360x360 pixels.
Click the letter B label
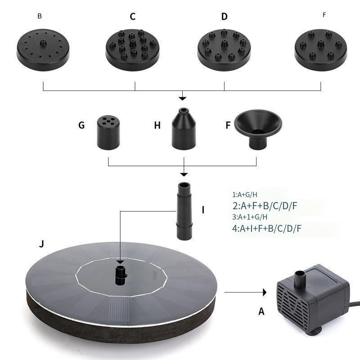click(x=40, y=16)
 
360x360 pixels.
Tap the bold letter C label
click(x=133, y=17)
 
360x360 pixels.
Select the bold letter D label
click(x=224, y=17)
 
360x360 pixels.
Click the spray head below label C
click(x=132, y=50)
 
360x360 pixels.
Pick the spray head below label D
click(x=224, y=50)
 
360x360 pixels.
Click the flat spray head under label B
click(x=43, y=50)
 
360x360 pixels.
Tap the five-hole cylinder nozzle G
click(x=108, y=132)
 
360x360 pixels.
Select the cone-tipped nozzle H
click(x=184, y=129)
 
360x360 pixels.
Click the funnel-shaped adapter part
click(x=258, y=129)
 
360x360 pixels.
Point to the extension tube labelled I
click(x=184, y=211)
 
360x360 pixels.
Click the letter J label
click(x=41, y=244)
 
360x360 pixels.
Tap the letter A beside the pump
click(x=261, y=311)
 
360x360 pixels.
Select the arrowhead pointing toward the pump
click(x=265, y=292)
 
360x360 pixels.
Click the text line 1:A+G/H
click(x=245, y=195)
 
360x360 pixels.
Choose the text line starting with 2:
click(x=265, y=206)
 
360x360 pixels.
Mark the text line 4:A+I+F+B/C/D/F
click(x=266, y=229)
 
